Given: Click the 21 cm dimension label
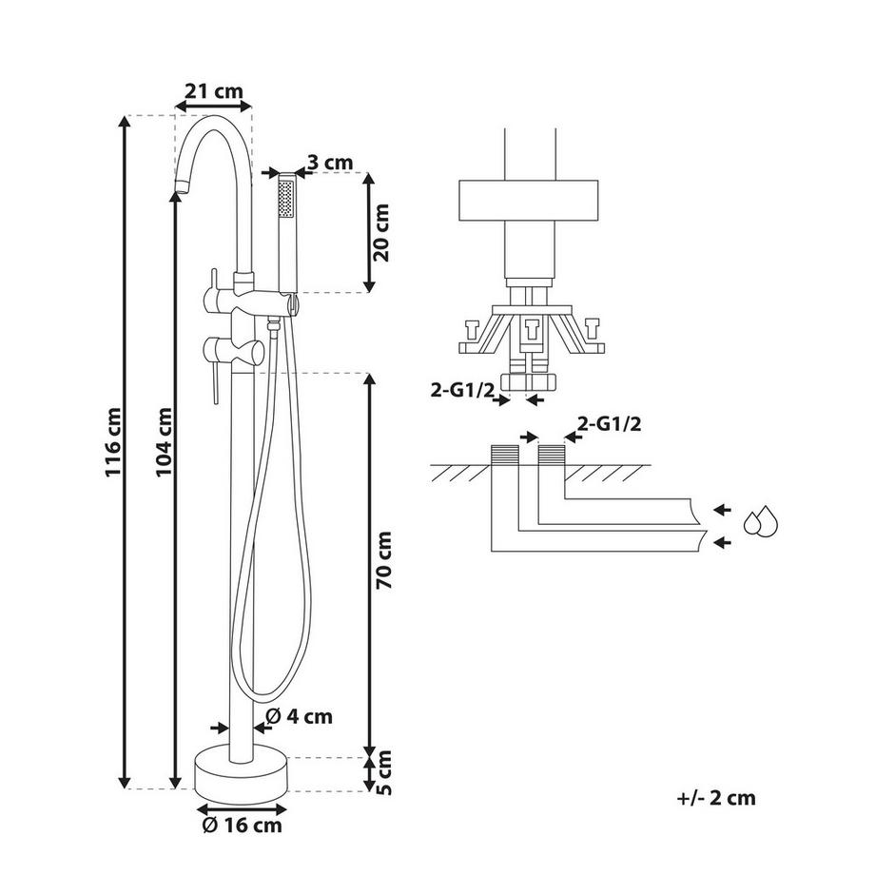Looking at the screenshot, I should click(x=213, y=91).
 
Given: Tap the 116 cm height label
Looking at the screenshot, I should click(x=114, y=442).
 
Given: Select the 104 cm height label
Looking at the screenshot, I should click(x=163, y=442).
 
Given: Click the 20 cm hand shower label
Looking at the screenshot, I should click(x=381, y=232).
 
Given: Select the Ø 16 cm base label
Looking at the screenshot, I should click(x=241, y=826).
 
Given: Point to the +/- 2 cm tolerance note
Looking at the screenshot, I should click(x=716, y=798).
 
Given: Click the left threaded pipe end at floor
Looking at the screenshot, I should click(x=504, y=456).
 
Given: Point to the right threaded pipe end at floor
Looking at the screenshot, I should click(x=552, y=456).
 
